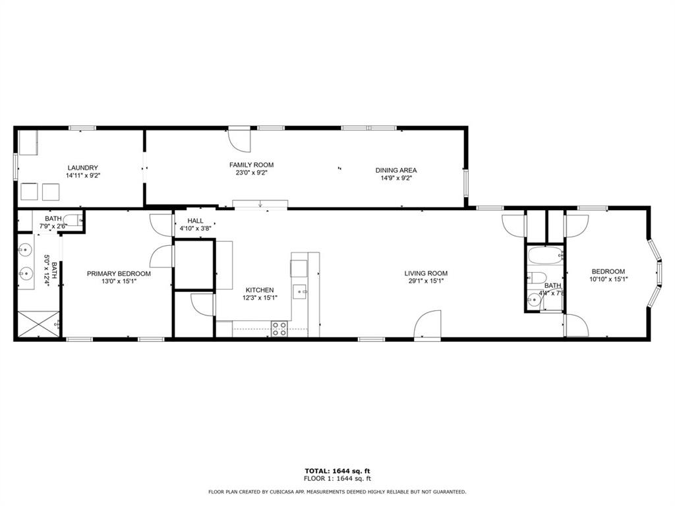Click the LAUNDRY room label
click(82, 167)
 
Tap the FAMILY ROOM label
click(251, 165)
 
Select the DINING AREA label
click(396, 170)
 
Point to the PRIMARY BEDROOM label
click(119, 273)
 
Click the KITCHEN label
click(260, 290)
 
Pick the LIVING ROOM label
click(426, 273)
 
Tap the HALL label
click(195, 221)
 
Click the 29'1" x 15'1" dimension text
click(426, 281)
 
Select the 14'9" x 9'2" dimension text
click(396, 178)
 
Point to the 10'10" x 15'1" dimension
click(608, 279)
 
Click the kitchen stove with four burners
click(279, 328)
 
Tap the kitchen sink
click(301, 290)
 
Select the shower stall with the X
click(38, 324)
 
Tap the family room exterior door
click(239, 138)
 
